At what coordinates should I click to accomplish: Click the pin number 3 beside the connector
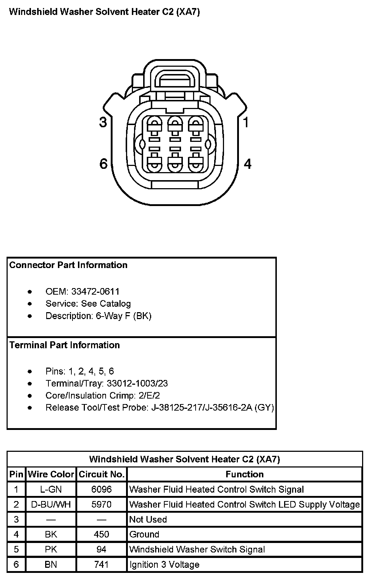(103, 122)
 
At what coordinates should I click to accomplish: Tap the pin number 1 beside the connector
(247, 122)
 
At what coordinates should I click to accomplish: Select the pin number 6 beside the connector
(103, 164)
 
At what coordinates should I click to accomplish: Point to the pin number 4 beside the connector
(247, 164)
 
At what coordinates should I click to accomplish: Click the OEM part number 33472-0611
(95, 291)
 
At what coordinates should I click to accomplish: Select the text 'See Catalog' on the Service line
(106, 303)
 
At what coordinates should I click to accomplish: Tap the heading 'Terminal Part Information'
(64, 345)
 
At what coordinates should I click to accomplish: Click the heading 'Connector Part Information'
(68, 265)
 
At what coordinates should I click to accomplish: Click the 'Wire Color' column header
(51, 474)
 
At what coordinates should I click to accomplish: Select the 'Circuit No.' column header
(102, 474)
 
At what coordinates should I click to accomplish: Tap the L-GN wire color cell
(51, 489)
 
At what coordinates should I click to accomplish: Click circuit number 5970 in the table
(102, 504)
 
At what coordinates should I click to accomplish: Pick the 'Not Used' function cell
(148, 519)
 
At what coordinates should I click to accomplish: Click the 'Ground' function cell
(144, 534)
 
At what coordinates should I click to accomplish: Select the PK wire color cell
(51, 549)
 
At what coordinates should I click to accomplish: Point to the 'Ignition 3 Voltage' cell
(164, 564)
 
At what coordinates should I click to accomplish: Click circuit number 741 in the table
(102, 564)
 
